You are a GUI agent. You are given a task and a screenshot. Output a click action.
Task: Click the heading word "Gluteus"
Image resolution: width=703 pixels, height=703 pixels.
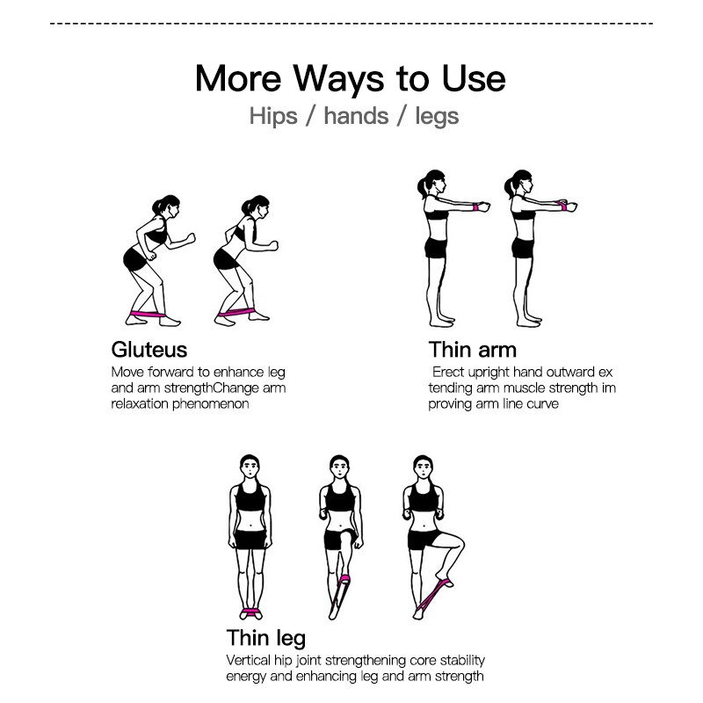click(149, 350)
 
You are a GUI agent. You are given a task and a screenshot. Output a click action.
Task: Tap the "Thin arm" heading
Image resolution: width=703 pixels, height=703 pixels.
click(473, 350)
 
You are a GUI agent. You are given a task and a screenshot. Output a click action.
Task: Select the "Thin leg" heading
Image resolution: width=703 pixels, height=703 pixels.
click(266, 639)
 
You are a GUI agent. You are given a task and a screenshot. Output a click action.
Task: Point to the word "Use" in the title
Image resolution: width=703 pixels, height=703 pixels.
click(474, 79)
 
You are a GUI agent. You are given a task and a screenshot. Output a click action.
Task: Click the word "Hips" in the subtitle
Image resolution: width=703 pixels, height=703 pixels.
click(273, 117)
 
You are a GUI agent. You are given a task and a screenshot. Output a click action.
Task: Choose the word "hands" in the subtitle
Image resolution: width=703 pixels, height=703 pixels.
click(356, 116)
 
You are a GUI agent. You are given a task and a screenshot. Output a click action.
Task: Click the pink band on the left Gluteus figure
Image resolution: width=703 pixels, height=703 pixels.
click(148, 314)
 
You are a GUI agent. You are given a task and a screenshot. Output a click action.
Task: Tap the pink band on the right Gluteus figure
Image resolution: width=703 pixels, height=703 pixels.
click(236, 312)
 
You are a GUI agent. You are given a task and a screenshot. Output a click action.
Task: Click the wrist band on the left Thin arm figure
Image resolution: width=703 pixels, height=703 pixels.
click(475, 207)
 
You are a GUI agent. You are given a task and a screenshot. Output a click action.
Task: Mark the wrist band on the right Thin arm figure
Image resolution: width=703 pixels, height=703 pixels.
click(561, 206)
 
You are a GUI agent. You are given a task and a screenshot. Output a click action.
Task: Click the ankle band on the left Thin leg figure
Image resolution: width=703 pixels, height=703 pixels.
click(250, 612)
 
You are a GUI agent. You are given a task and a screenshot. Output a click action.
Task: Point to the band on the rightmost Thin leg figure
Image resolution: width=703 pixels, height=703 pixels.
click(433, 595)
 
